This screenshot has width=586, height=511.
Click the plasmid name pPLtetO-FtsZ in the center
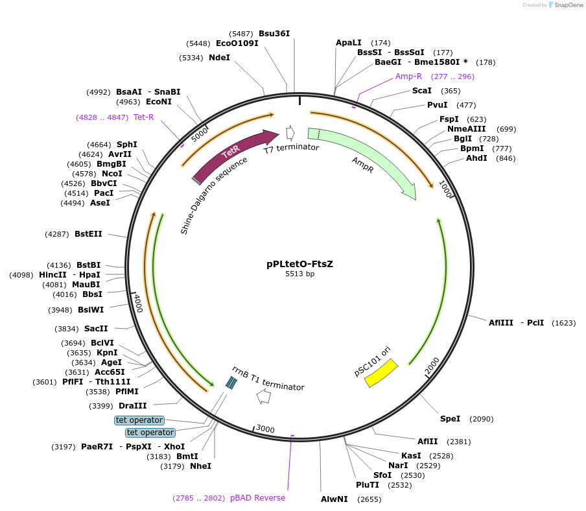coord(299,264)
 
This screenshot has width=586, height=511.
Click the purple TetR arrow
coord(233,156)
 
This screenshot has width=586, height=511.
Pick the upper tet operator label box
coord(139,420)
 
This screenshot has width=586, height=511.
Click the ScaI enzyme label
coord(422,91)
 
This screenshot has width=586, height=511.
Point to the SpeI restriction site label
coord(450,419)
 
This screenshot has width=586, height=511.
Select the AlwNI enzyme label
coord(334,499)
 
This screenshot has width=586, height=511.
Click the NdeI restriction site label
coord(219,58)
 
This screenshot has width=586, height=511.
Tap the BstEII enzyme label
coord(88,234)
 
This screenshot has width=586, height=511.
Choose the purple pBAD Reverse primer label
coord(257,498)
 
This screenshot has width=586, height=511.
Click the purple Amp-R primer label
coord(408,77)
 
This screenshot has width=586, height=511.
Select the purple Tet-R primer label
coord(143,117)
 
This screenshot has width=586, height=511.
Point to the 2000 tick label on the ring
coord(432,365)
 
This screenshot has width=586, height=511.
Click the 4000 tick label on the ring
coord(138,303)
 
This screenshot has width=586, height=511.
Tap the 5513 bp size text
coord(299,274)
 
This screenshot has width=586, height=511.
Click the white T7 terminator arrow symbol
coord(290,133)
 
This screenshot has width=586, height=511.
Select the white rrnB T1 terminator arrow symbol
coord(264,398)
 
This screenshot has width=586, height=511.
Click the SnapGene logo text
coord(568,5)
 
